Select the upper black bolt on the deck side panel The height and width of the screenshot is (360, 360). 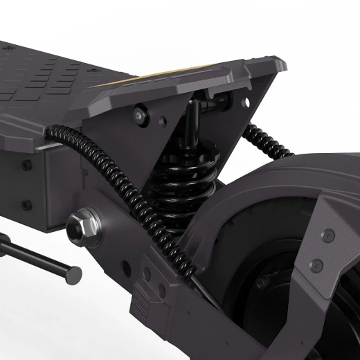[x=26, y=165]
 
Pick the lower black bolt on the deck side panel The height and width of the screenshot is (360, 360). [x=26, y=205]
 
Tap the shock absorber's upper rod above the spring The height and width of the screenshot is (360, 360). [x=195, y=114]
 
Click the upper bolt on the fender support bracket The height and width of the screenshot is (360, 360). [x=329, y=235]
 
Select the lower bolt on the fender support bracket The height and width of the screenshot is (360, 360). [x=317, y=265]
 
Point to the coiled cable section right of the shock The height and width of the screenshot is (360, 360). [x=267, y=142]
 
